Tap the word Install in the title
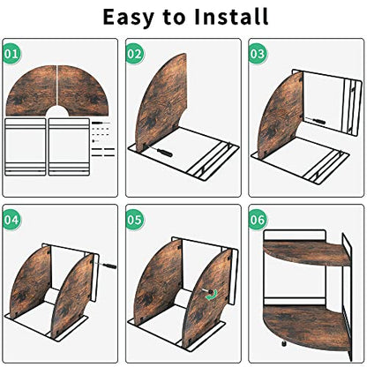[x=231, y=17]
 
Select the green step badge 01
[x=12, y=54]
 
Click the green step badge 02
[x=135, y=54]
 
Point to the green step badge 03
[x=258, y=54]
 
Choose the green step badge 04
[x=12, y=220]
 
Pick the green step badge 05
[x=135, y=220]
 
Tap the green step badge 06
[x=258, y=220]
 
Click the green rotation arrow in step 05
[x=212, y=296]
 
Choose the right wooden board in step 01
[x=83, y=90]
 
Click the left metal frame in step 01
[x=26, y=146]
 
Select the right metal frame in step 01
[x=69, y=146]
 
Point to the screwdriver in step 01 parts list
[x=101, y=123]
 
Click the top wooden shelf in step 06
[x=307, y=253]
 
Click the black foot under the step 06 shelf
[x=284, y=342]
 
